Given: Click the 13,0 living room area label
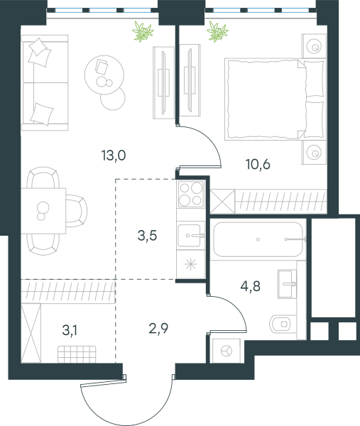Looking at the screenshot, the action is (114, 155).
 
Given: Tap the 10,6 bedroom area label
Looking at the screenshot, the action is (258, 165).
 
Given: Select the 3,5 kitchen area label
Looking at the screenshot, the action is (147, 236).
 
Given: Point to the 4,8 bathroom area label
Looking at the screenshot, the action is (251, 286).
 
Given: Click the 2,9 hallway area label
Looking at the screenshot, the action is (158, 328).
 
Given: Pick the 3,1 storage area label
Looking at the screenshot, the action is (70, 331).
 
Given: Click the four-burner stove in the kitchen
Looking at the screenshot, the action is (191, 194).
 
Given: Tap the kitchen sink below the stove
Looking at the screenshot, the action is (191, 236).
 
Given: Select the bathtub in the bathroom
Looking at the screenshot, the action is (258, 240).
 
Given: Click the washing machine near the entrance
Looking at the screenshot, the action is (226, 351).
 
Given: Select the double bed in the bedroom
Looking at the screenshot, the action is (275, 99).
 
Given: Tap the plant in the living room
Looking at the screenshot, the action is (143, 32).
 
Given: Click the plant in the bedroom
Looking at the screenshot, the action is (217, 32).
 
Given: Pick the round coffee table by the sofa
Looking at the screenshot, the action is (104, 75).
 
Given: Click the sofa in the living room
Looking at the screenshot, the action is (45, 83).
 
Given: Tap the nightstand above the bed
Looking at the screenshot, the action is (314, 46).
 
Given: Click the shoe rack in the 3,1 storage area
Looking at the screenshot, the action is (77, 354).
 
